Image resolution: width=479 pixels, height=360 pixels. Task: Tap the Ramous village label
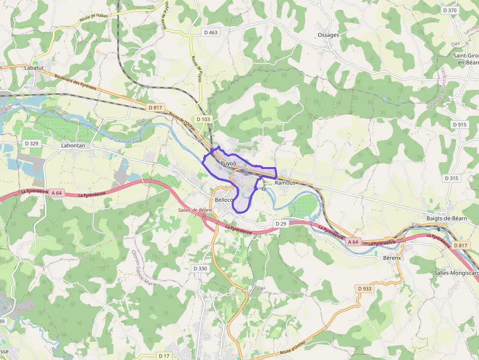pos(285,183)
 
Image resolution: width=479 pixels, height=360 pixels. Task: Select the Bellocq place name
pos(224,200)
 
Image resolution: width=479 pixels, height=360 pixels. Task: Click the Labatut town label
pos(34,68)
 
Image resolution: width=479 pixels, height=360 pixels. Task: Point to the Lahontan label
pos(73,146)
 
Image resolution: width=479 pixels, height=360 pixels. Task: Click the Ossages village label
pos(328,35)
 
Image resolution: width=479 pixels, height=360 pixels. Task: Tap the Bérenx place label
pos(392,257)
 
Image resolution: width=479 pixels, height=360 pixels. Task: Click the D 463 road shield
pos(211,33)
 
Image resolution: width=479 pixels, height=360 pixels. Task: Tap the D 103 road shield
pos(203,119)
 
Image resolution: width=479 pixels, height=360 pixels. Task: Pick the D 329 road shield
pos(31,144)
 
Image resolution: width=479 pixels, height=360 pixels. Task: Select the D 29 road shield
pos(281,224)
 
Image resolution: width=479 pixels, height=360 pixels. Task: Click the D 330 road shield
pos(200,269)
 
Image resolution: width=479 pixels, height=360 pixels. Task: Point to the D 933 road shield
pos(365,289)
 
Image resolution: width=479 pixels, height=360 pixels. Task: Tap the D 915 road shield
pos(459,125)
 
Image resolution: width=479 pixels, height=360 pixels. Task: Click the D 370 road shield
pos(449,10)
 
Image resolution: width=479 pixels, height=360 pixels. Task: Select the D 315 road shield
pos(452,178)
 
